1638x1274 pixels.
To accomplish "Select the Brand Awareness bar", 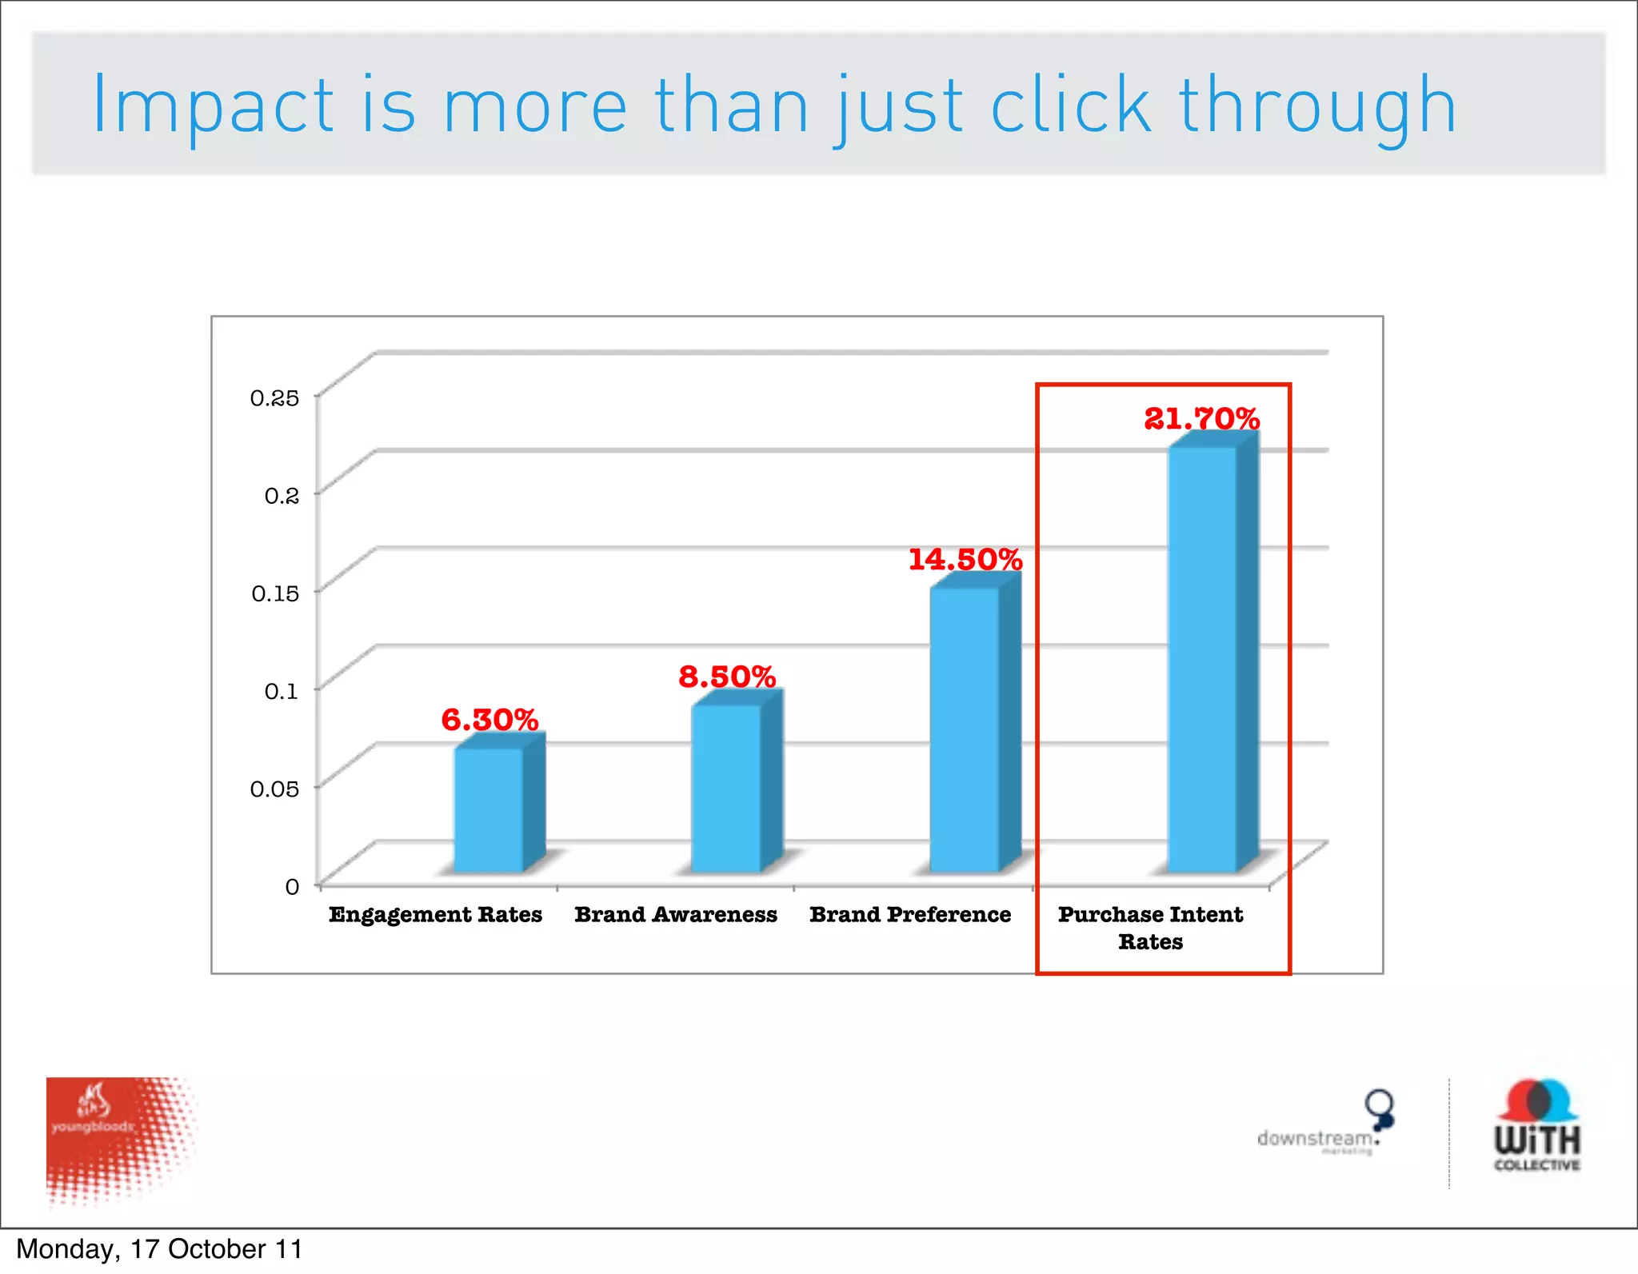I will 726,788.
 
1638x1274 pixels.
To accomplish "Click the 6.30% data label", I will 489,720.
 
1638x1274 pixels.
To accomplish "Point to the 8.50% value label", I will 727,677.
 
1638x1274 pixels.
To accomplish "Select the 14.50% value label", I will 965,559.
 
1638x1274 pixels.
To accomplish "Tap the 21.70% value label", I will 1201,418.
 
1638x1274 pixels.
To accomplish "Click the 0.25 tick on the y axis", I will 274,397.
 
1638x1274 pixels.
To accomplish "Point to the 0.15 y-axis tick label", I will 275,593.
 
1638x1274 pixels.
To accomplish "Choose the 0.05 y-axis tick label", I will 274,789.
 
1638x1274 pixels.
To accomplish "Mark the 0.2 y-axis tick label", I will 282,496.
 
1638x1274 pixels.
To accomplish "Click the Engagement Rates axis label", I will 435,914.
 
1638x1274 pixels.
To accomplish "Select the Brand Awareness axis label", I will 676,914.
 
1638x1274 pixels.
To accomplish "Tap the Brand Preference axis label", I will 910,914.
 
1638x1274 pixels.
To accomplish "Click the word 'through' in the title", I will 1316,107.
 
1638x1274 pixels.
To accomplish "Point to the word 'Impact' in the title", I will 213,107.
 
